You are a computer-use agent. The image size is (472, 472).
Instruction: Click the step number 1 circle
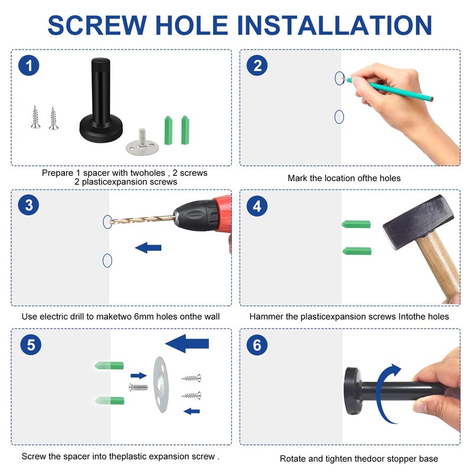pos(28,65)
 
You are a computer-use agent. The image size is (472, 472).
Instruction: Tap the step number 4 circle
pos(257,206)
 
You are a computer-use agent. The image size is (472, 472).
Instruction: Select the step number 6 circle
pos(257,345)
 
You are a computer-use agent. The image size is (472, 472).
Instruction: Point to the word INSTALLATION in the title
pos(335,25)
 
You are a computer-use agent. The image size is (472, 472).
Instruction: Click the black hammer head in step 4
pos(418,223)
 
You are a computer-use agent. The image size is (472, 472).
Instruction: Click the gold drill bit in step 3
pos(142,219)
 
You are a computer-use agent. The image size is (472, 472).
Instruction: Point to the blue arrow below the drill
pos(148,248)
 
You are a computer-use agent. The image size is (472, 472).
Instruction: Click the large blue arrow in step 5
pos(187,343)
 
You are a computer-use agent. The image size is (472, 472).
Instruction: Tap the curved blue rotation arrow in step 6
pos(380,391)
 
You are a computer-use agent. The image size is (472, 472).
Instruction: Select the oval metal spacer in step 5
pos(160,385)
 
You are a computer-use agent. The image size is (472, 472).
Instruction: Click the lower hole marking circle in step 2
pos(339,117)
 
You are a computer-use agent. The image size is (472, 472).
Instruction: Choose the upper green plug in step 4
pos(356,224)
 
